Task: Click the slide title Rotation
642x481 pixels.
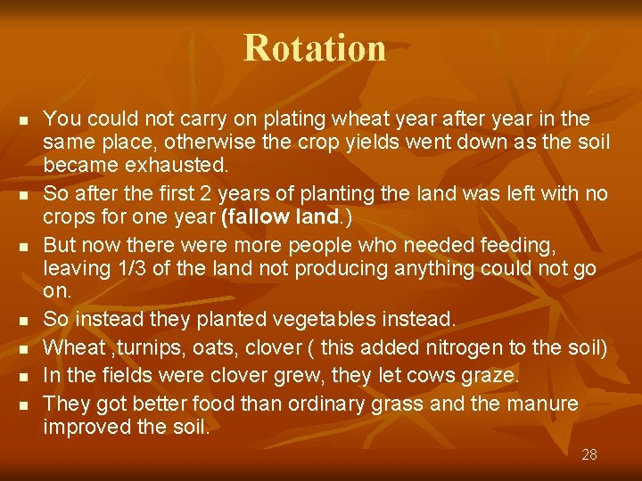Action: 315,48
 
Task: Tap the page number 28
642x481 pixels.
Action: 588,454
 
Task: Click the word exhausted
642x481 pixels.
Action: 185,166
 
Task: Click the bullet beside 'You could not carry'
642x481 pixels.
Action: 24,119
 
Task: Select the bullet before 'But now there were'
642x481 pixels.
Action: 24,245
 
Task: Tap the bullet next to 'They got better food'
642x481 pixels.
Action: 24,405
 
